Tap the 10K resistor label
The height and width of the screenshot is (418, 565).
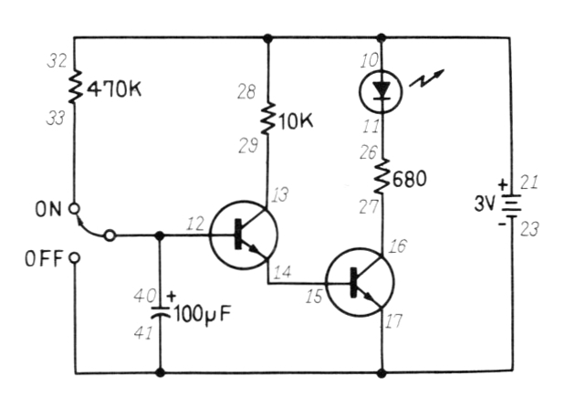(x=294, y=120)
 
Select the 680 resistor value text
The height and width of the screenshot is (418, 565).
(x=411, y=181)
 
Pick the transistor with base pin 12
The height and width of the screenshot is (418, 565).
(x=243, y=235)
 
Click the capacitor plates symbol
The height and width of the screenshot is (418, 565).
(x=161, y=308)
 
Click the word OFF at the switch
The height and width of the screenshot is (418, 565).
(x=46, y=258)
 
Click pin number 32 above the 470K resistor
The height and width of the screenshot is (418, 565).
(x=56, y=64)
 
